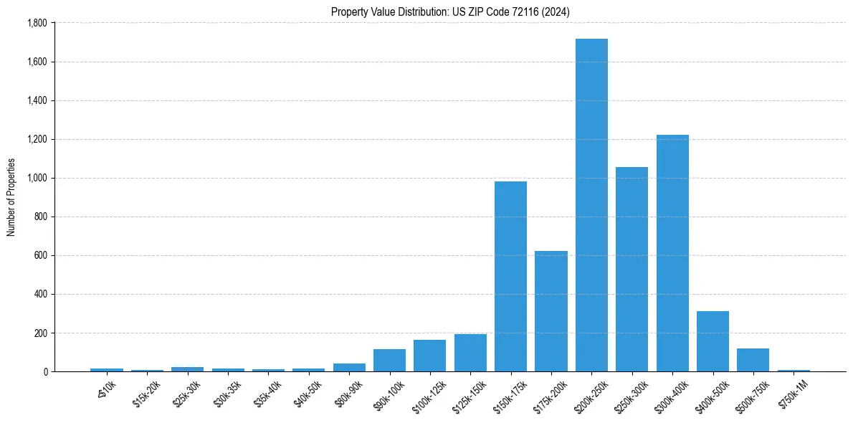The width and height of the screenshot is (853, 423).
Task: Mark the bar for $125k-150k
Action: (470, 353)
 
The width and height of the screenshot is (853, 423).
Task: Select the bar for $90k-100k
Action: (389, 360)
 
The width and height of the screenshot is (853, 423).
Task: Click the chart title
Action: (450, 12)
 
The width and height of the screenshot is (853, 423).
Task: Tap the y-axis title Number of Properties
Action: (11, 197)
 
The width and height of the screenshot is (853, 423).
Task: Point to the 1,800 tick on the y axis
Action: (37, 23)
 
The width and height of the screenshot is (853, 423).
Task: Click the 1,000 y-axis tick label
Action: (37, 178)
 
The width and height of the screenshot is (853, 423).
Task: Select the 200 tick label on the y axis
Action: (40, 333)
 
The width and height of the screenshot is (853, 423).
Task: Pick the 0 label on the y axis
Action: (45, 371)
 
